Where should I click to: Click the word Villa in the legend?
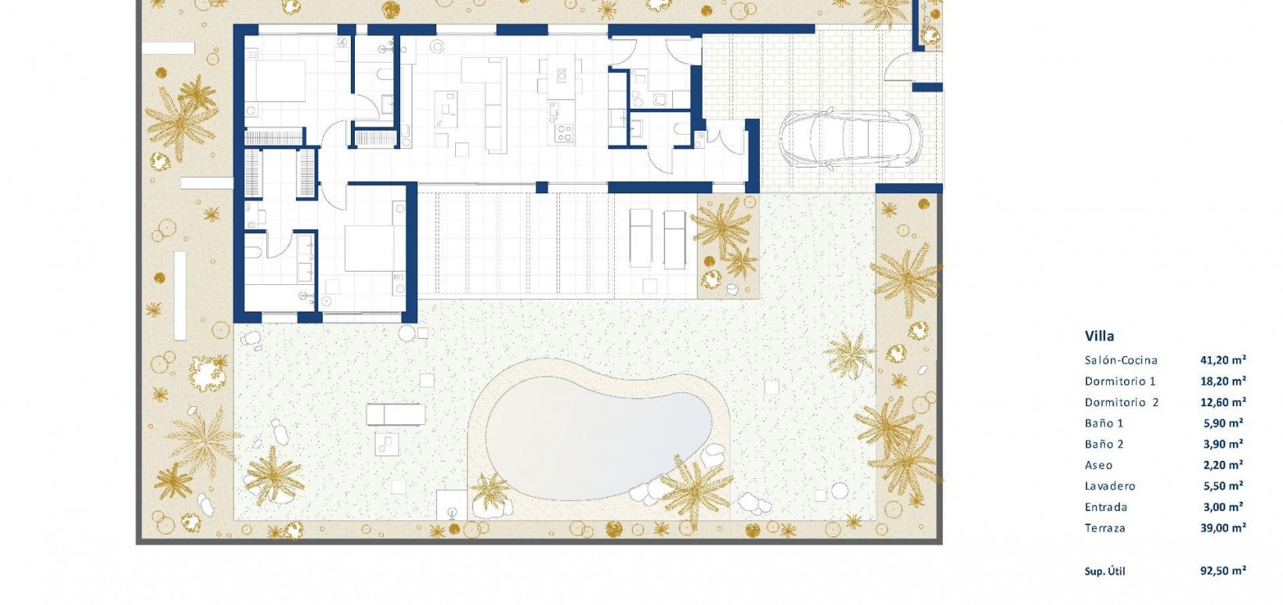point(1099,336)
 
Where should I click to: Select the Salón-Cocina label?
point(1121,360)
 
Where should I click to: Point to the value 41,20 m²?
point(1223,360)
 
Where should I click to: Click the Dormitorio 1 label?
point(1120,381)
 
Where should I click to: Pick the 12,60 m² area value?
point(1223,402)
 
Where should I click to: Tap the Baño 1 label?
point(1104,423)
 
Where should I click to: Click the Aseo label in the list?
point(1098,465)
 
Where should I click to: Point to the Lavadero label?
point(1110,486)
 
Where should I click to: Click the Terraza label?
point(1104,528)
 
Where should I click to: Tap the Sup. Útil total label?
point(1104,571)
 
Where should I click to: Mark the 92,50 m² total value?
point(1223,571)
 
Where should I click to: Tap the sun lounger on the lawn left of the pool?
point(396,412)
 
